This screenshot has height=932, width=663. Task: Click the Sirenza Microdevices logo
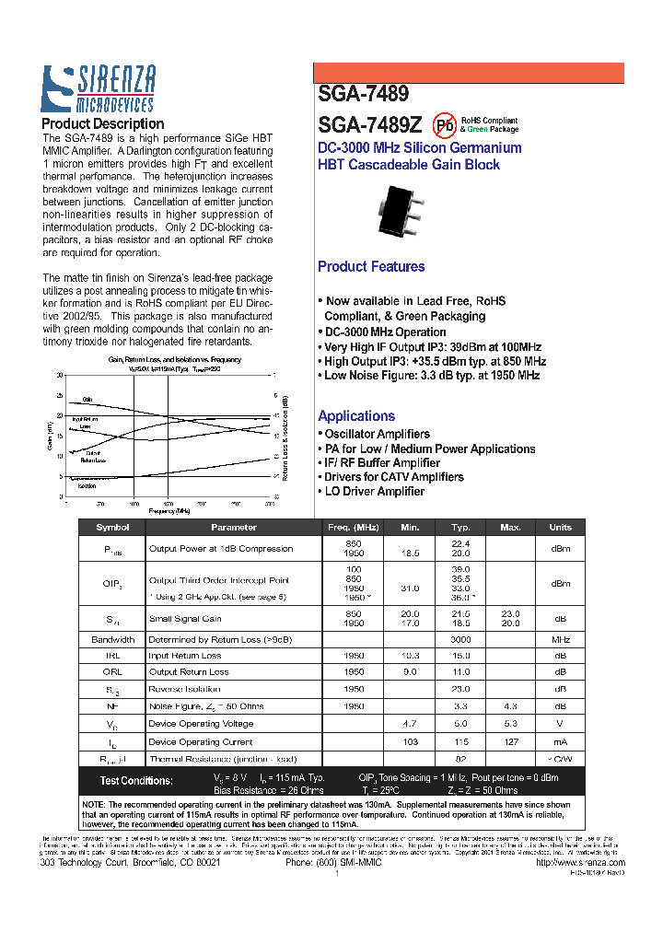tap(98, 89)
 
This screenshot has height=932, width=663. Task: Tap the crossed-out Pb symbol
tap(445, 125)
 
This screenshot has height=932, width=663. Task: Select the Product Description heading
tap(103, 124)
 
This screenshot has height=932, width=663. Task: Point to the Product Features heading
tap(371, 267)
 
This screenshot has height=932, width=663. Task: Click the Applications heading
tap(356, 416)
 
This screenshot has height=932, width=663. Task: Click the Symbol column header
tap(113, 528)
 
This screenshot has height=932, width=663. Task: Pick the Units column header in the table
tap(560, 528)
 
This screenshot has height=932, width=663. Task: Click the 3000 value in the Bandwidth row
tap(460, 639)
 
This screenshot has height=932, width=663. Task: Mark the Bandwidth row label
tap(113, 639)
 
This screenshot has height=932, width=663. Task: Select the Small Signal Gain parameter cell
tap(185, 619)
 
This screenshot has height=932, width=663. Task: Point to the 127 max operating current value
tap(510, 741)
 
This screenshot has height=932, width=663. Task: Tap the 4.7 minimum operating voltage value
tap(411, 725)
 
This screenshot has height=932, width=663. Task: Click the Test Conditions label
tap(136, 781)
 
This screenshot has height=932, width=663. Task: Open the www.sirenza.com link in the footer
tap(572, 863)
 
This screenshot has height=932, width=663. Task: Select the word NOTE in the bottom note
tap(95, 804)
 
